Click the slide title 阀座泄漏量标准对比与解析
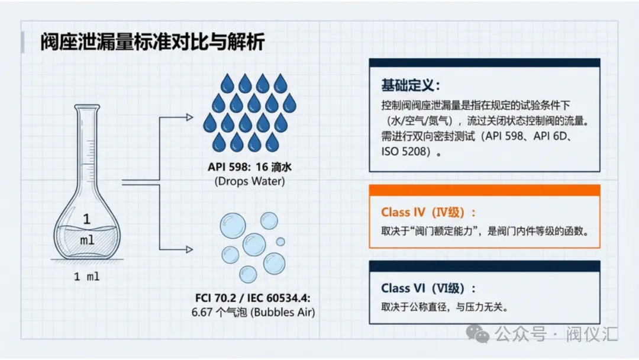153,43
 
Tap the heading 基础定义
409,85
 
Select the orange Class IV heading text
428,213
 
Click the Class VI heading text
428,288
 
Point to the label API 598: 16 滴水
249,168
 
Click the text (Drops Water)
249,181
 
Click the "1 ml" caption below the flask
87,277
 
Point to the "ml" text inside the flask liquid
87,240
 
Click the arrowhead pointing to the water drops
189,117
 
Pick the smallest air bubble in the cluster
280,242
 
